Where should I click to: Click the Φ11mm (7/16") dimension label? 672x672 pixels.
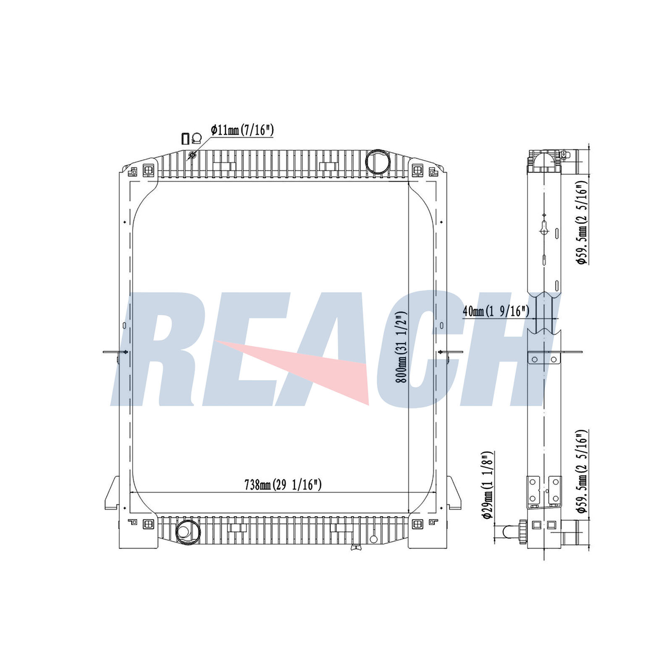click(242, 130)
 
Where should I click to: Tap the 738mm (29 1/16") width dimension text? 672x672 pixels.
click(283, 485)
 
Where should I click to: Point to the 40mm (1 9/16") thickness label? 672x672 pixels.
click(496, 311)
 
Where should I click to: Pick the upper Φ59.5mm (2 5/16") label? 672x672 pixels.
click(581, 223)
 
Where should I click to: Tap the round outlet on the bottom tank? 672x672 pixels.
click(184, 531)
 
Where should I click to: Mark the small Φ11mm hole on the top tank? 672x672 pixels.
click(192, 155)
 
